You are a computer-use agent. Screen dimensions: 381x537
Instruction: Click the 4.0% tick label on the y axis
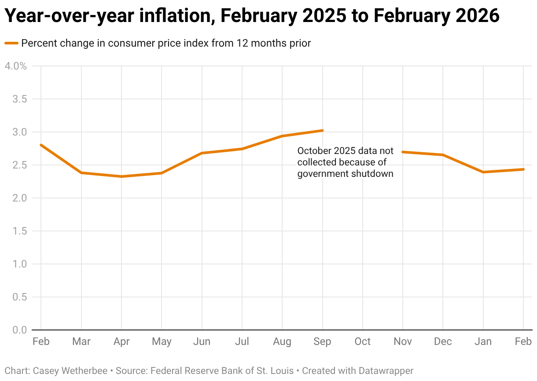15,66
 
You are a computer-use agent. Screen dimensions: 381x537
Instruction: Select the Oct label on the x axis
362,342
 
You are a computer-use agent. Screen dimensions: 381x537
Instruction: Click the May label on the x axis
161,342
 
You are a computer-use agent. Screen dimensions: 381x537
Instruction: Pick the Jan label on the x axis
483,342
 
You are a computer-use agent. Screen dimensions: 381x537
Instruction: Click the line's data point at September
323,130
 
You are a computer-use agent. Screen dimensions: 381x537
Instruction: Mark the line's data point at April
121,176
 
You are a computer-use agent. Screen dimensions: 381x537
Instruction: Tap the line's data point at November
403,152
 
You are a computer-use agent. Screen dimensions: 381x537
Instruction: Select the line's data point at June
202,153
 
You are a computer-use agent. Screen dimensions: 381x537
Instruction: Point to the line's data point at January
483,172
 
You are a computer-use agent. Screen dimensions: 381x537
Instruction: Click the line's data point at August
282,136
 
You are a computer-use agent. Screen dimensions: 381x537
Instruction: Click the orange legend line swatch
11,43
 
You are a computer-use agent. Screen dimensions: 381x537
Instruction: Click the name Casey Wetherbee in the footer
71,371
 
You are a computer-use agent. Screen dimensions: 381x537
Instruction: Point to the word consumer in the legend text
128,43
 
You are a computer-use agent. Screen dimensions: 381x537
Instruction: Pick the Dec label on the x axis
442,342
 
